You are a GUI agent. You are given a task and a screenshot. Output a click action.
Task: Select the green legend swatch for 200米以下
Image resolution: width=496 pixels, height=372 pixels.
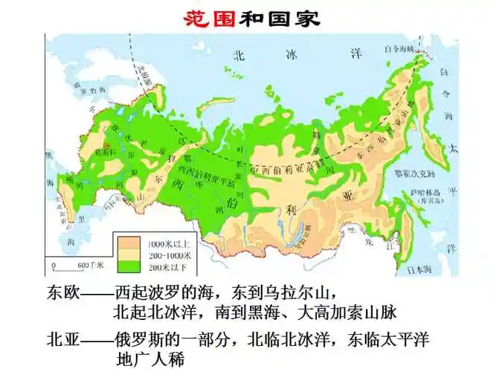131,264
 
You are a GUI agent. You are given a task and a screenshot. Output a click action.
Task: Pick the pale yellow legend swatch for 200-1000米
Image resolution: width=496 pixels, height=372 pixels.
131,254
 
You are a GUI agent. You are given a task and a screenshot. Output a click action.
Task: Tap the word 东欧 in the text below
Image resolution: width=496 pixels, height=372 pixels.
62,291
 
